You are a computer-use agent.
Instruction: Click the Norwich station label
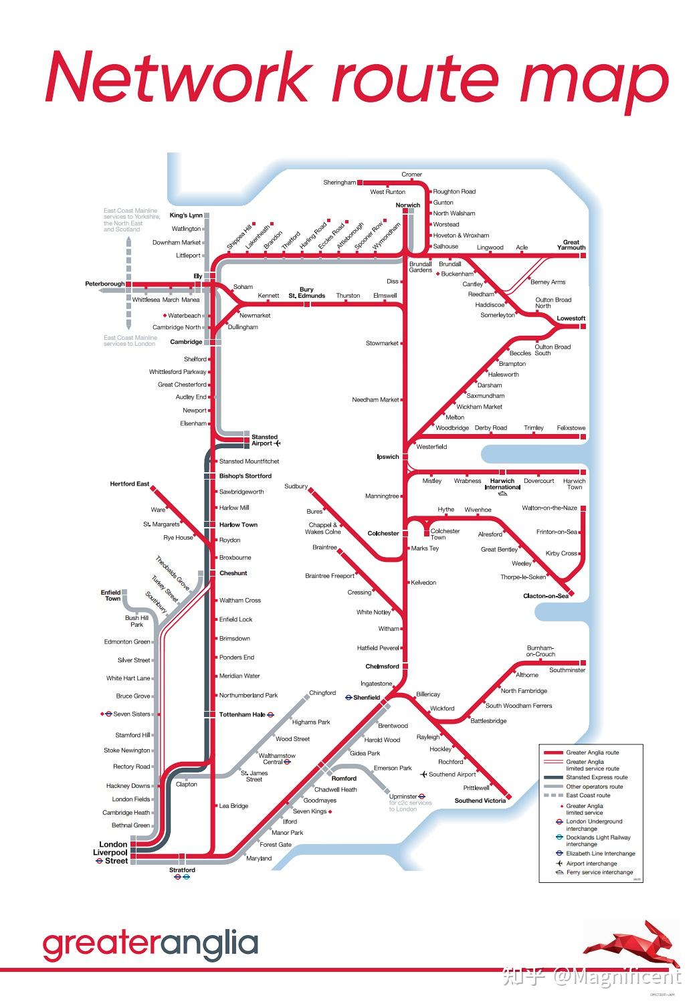[407, 205]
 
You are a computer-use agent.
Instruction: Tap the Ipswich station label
[388, 457]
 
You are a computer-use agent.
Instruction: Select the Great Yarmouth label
[571, 245]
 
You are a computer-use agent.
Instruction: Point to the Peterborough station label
[104, 284]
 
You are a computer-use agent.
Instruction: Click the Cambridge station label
[186, 342]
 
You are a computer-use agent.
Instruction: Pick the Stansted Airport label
[264, 440]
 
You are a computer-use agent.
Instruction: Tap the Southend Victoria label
[480, 801]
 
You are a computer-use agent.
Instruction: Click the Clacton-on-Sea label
[546, 596]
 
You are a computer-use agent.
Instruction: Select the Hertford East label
[130, 484]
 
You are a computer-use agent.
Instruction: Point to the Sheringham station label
[340, 183]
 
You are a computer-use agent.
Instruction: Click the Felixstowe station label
[571, 428]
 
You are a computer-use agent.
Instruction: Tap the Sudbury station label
[296, 486]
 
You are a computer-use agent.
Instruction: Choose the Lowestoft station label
[571, 318]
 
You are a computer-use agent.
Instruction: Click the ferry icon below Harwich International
[503, 494]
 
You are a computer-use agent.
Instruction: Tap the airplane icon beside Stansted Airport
[278, 443]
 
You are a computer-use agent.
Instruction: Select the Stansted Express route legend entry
[597, 777]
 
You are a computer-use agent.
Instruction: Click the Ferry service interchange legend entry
[599, 872]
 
